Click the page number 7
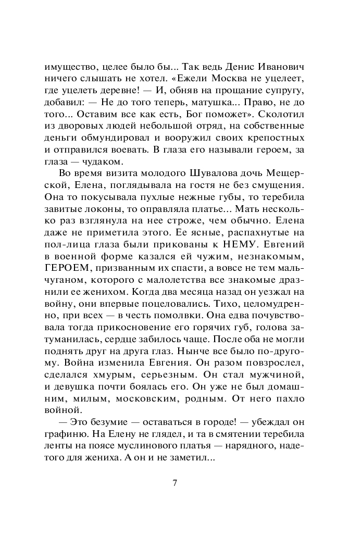point(176,482)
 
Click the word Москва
point(232,80)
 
